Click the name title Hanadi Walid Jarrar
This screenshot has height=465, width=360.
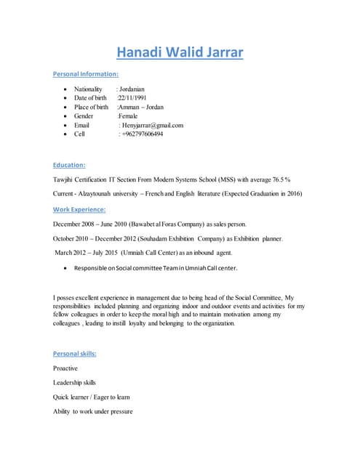point(180,52)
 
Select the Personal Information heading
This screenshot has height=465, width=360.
point(86,74)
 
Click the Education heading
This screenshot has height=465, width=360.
point(69,165)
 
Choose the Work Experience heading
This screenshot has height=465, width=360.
point(79,209)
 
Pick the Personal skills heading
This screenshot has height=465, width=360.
point(75,354)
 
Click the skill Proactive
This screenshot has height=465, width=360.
point(65,368)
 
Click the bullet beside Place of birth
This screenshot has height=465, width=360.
point(67,108)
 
